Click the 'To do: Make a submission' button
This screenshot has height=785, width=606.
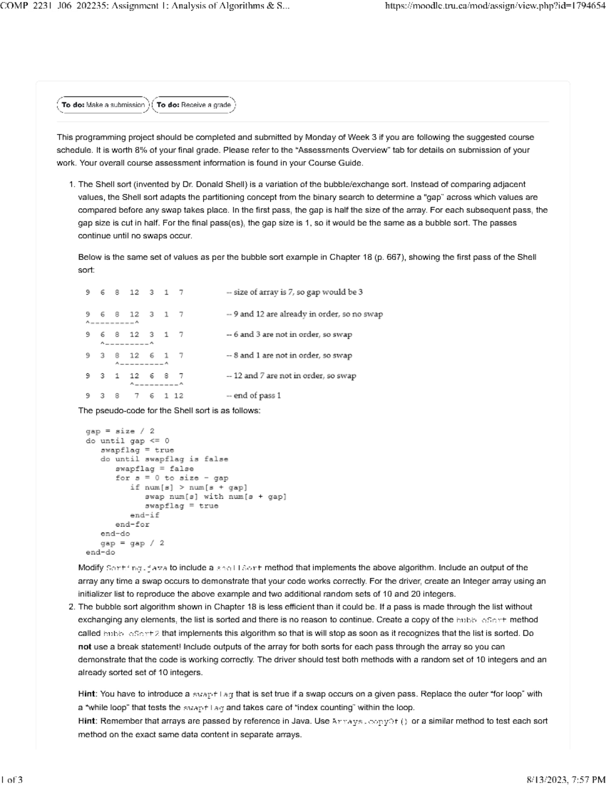[x=104, y=105]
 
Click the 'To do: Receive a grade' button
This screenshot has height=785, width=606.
[x=193, y=105]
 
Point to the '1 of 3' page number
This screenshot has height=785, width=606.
[x=12, y=779]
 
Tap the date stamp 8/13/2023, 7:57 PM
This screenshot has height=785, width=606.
[x=566, y=779]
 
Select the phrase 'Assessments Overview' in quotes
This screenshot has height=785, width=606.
[x=337, y=150]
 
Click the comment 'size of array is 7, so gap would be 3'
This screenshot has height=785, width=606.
[x=298, y=292]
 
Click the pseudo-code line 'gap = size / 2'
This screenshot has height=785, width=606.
[x=120, y=431]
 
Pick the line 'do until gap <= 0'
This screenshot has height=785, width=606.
[x=127, y=441]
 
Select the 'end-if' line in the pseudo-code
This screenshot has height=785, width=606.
[x=144, y=515]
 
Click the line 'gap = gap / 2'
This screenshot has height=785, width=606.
[x=132, y=543]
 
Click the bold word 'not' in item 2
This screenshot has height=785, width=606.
[x=84, y=647]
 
